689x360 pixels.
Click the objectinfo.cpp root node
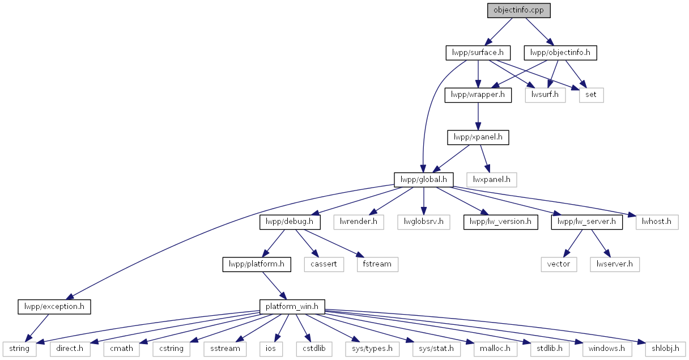[x=518, y=10]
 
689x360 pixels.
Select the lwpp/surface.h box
[x=478, y=53]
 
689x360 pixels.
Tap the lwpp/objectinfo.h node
[x=560, y=53]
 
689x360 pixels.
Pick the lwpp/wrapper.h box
[x=478, y=95]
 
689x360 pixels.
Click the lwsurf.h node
[x=545, y=95]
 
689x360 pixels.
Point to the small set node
[x=591, y=95]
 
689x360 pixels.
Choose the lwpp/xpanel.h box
[x=478, y=138]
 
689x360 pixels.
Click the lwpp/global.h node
[x=424, y=180]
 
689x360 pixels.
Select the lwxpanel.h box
[x=491, y=180]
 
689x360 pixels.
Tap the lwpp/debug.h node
[x=290, y=222]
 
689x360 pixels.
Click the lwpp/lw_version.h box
[x=501, y=222]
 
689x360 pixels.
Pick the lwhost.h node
[x=657, y=222]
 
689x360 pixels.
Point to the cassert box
[x=324, y=264]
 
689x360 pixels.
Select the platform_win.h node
[x=292, y=307]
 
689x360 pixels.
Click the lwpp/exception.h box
[x=54, y=307]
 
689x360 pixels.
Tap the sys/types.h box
[x=372, y=349]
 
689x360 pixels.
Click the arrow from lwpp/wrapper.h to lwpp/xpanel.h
[x=478, y=116]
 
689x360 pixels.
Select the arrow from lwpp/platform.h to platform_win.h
[x=275, y=286]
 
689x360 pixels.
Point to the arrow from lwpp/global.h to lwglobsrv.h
[x=424, y=201]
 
